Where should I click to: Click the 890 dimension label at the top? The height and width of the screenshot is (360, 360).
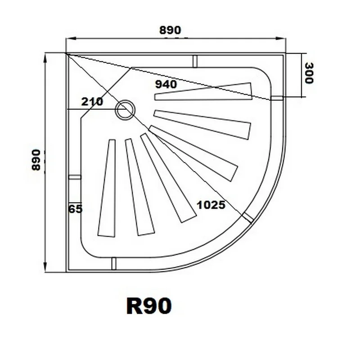click(x=170, y=30)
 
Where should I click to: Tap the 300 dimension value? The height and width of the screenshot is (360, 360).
click(x=309, y=73)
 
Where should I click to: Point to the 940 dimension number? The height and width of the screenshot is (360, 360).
click(x=166, y=84)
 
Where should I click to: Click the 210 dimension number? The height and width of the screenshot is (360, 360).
click(x=92, y=102)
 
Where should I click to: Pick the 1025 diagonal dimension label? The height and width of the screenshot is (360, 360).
click(x=211, y=205)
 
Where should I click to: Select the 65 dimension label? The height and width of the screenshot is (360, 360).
click(x=76, y=209)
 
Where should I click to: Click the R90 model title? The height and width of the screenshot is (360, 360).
click(x=148, y=306)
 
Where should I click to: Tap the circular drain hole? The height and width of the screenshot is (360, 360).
click(x=124, y=110)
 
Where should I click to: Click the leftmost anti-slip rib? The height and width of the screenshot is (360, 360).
click(x=107, y=188)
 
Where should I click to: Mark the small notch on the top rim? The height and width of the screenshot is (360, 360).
click(x=195, y=61)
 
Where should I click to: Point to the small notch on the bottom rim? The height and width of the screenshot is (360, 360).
click(x=113, y=264)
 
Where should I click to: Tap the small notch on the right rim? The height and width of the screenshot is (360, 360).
click(x=277, y=98)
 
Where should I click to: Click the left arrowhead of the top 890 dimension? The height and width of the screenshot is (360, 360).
click(x=69, y=39)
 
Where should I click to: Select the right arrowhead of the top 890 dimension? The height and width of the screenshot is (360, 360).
click(x=284, y=39)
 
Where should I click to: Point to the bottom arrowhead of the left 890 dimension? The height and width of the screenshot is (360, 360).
click(x=45, y=270)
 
